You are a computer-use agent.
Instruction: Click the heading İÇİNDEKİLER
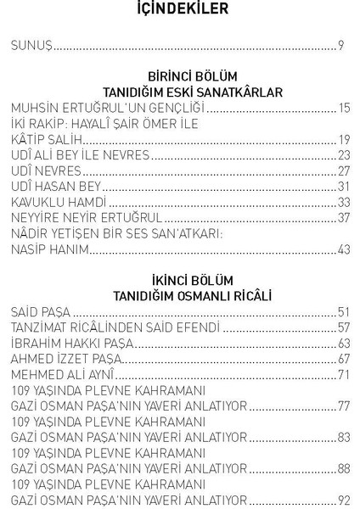[179, 10]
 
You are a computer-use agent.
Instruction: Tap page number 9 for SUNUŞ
[340, 45]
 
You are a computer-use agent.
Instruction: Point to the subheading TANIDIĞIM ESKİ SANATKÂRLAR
[180, 92]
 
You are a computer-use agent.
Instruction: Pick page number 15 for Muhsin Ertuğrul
[343, 108]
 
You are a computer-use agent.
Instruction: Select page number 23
[343, 156]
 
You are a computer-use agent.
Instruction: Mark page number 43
[343, 249]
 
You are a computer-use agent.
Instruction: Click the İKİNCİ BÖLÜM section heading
[180, 280]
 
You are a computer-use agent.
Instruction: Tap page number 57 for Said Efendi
[343, 327]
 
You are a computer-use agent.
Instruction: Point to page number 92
[343, 500]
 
